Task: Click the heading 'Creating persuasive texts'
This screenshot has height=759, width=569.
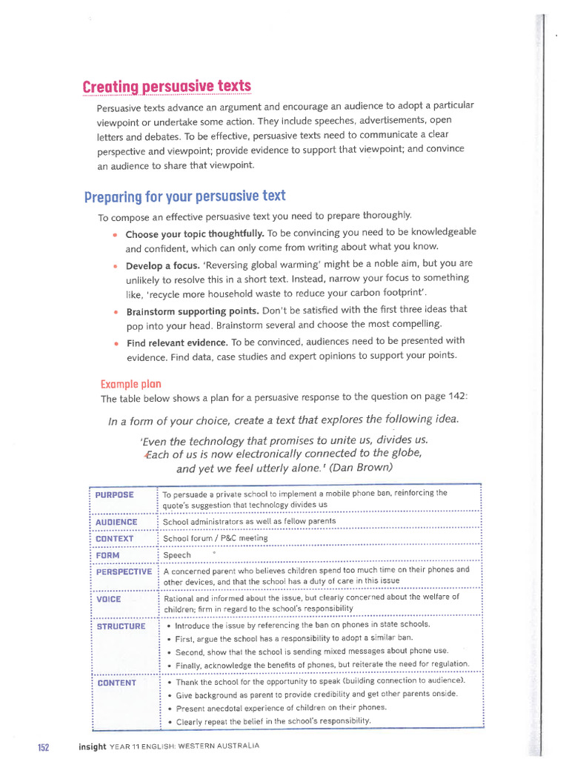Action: [167, 87]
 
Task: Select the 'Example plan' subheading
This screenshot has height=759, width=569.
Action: [130, 384]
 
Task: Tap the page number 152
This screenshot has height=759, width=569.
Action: [43, 746]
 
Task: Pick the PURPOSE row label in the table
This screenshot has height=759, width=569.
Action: [115, 494]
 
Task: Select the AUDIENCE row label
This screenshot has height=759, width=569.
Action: [117, 522]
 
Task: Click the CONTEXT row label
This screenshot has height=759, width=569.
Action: [115, 539]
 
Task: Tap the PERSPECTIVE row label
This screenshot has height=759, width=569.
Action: [124, 571]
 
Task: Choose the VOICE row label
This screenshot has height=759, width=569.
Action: [109, 599]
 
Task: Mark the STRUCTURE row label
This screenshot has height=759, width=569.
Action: [122, 626]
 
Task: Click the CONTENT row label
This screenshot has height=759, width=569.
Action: [117, 683]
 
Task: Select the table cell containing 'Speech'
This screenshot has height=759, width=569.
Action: [177, 555]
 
